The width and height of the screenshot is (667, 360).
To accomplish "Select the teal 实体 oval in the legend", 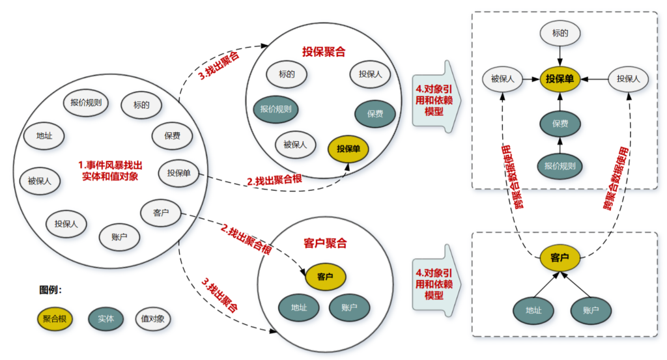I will coord(106,319).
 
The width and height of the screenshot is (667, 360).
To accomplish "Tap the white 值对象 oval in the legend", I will coord(155,319).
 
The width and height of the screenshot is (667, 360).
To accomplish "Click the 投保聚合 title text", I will coord(324,51).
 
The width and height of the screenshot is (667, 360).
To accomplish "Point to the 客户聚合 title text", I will coord(325,244).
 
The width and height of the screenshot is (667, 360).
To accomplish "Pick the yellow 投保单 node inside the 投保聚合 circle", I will coord(348,149).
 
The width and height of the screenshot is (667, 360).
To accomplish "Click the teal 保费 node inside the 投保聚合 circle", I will coord(375,114).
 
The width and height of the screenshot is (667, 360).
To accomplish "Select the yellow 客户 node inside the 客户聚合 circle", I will coord(325,277).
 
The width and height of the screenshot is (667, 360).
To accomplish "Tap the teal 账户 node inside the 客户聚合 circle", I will coord(350,307).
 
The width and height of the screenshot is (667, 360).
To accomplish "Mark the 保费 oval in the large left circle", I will coord(172,137).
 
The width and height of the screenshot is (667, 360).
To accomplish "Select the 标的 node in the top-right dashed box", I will coord(560,33).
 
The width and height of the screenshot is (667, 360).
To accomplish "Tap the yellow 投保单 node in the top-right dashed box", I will coord(560,79).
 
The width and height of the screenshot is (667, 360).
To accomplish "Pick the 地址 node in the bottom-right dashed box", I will coord(533,311).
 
